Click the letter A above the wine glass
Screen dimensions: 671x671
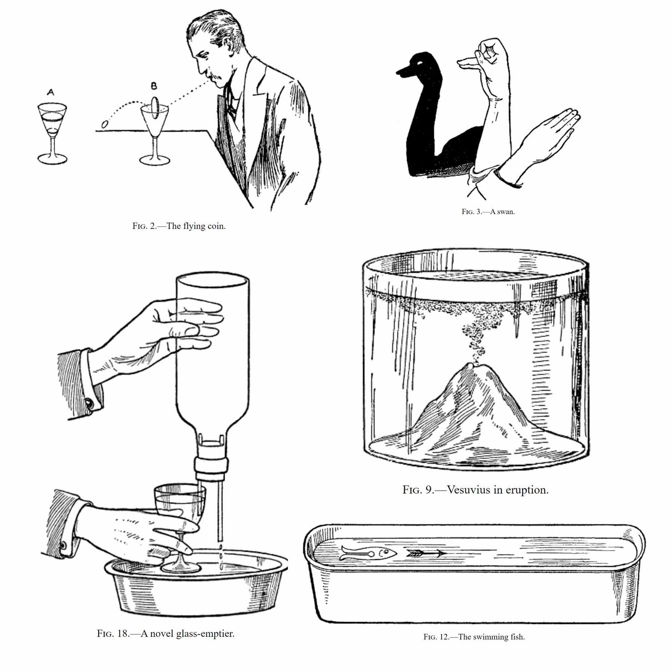point(51,92)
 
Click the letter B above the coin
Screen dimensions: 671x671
point(154,86)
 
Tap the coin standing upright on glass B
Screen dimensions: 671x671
point(155,107)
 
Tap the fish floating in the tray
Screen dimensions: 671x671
point(368,553)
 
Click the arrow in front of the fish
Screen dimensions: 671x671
point(426,553)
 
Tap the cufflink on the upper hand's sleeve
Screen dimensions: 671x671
point(89,403)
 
